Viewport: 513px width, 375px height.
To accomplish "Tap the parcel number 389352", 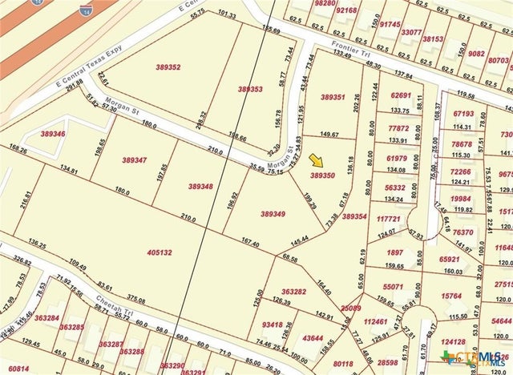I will [x=163, y=67].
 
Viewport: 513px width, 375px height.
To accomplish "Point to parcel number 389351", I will [x=333, y=97].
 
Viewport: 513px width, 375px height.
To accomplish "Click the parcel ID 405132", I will [x=160, y=252].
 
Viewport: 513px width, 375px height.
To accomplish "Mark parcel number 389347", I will [x=135, y=160].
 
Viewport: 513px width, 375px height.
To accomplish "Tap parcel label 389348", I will [x=200, y=186].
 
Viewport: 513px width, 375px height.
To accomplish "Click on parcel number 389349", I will [x=273, y=214].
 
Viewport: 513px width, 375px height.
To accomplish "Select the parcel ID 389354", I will [x=354, y=216].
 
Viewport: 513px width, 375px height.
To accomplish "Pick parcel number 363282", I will [x=294, y=292].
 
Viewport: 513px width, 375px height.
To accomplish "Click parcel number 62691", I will [x=401, y=95].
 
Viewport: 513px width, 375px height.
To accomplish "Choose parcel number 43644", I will [x=313, y=337].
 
